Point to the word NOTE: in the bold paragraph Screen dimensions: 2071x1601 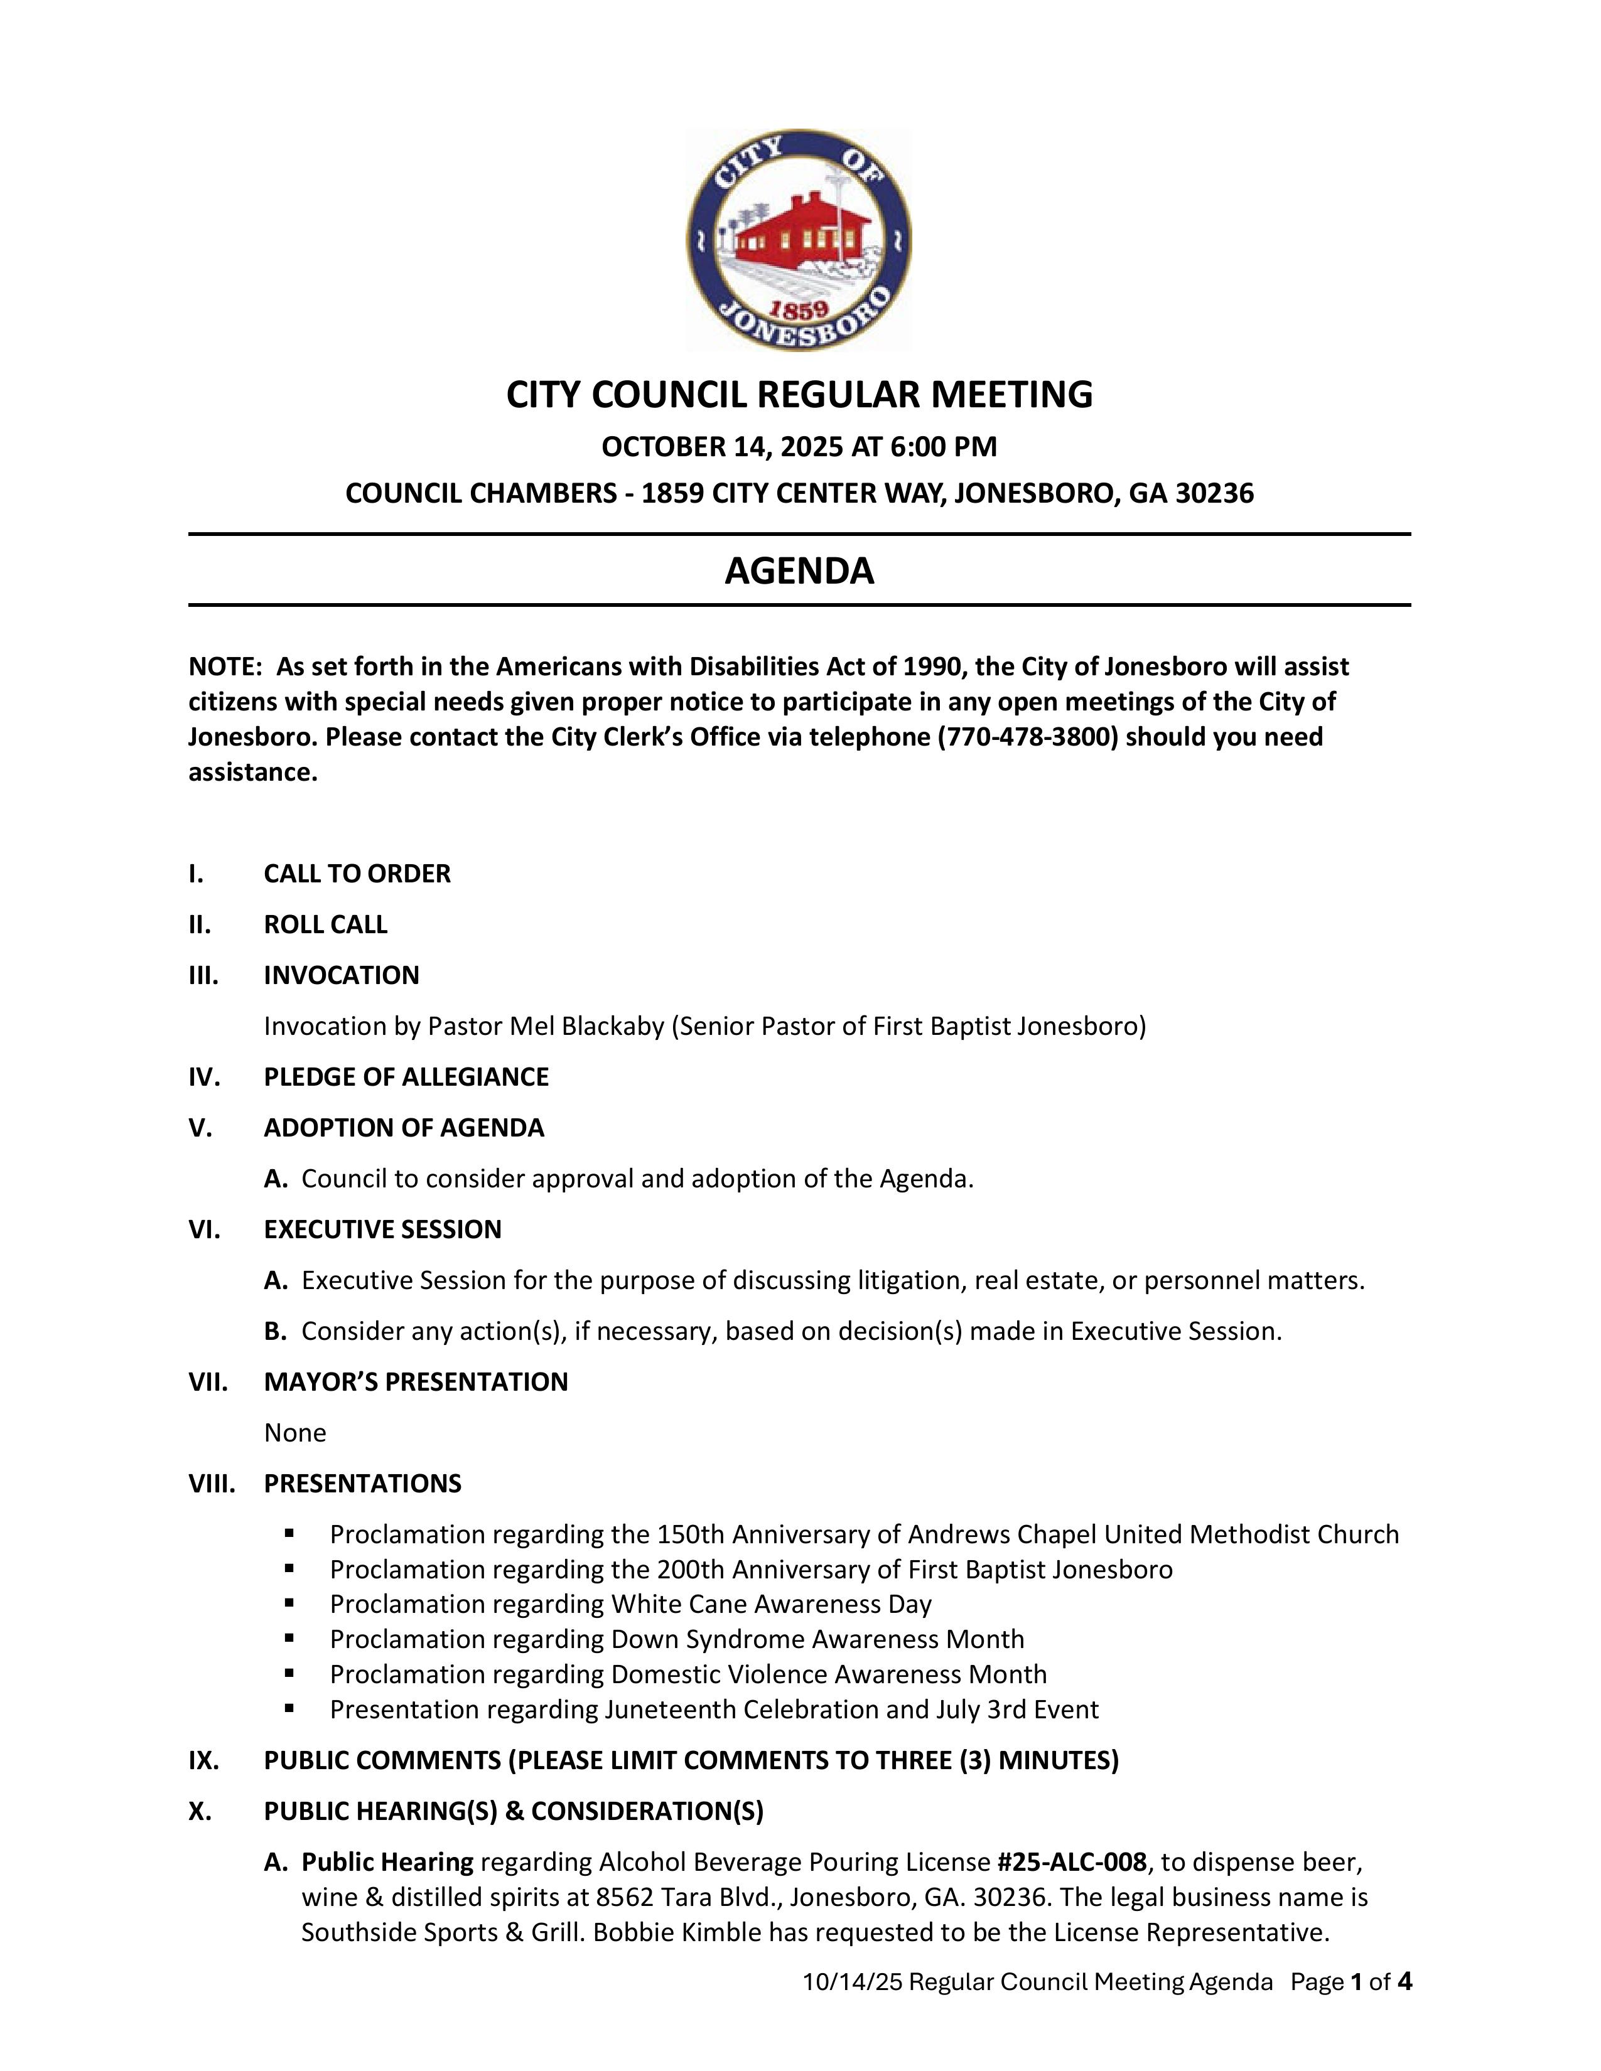coord(225,666)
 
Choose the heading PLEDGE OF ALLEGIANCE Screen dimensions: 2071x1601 coord(406,1076)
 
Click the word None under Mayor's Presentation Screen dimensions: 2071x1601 coord(295,1432)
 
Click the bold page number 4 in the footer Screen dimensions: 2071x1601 coord(1404,1982)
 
